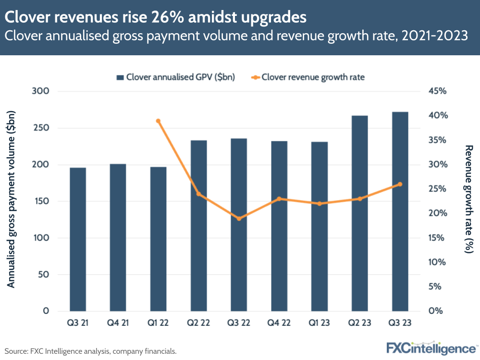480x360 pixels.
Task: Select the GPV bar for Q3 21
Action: (x=78, y=239)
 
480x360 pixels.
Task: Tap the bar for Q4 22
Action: (x=279, y=226)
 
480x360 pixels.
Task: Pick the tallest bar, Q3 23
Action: (x=400, y=211)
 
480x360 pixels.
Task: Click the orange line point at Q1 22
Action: (x=158, y=121)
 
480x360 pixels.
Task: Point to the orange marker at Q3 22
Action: (x=239, y=219)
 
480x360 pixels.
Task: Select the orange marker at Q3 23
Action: (x=400, y=184)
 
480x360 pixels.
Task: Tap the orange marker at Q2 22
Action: (x=198, y=194)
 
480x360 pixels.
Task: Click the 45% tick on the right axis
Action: (x=437, y=91)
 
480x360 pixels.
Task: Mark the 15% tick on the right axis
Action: (x=437, y=238)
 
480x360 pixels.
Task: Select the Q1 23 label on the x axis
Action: (x=319, y=323)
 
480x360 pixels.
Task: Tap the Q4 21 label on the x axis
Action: (x=118, y=323)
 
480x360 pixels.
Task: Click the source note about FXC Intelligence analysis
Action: (x=91, y=351)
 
